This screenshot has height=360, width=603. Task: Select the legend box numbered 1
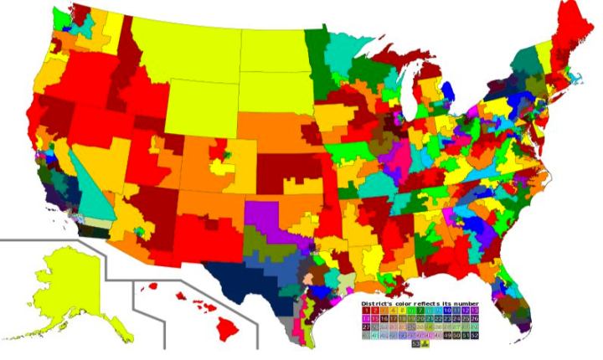point(366,310)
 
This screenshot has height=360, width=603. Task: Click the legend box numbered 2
point(376,310)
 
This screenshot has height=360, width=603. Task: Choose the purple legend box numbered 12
point(466,310)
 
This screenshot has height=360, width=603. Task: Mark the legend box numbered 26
point(476,319)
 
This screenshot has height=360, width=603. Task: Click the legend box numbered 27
point(366,328)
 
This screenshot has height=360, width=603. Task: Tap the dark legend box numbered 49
point(448,336)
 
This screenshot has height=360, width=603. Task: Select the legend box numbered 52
point(476,336)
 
